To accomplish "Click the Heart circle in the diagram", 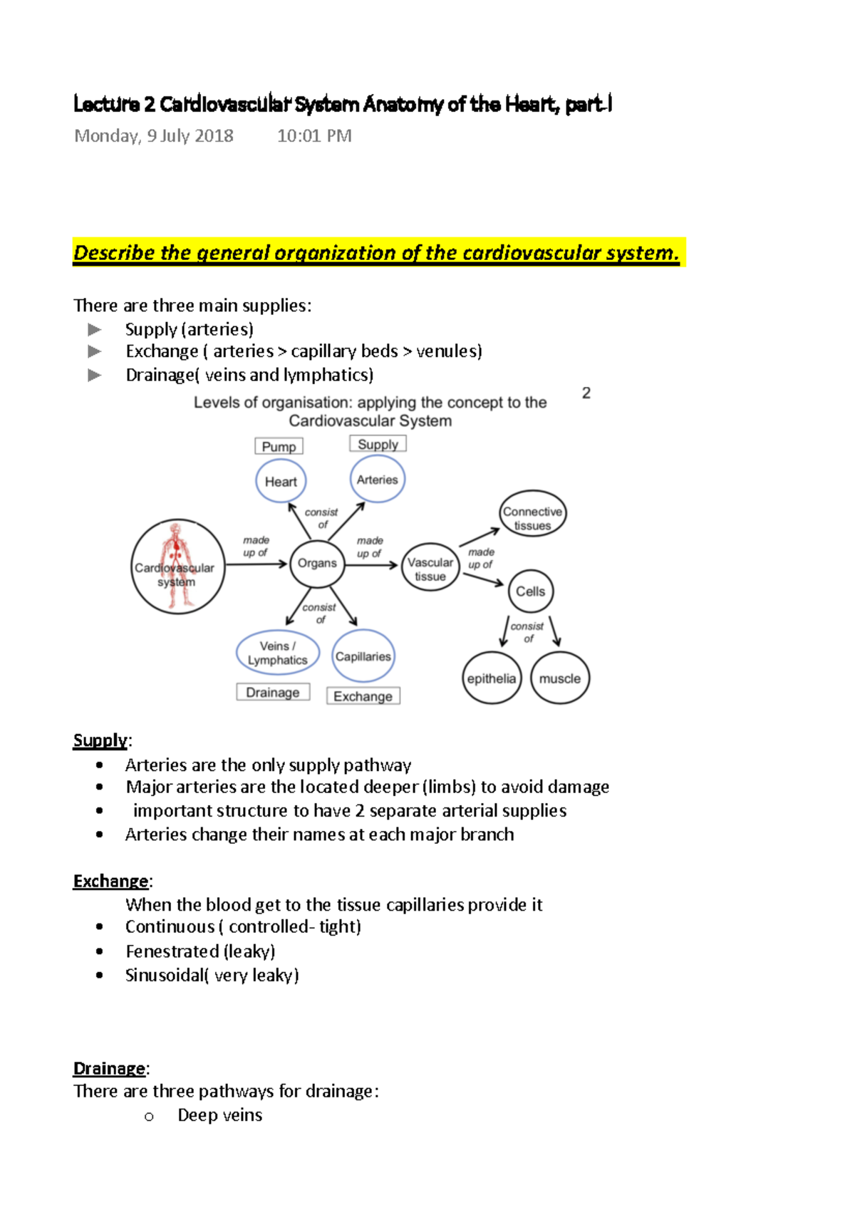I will [281, 482].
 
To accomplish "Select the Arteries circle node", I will [378, 480].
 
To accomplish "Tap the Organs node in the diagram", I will [317, 563].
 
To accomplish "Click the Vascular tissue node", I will [430, 569].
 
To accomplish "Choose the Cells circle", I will [530, 591].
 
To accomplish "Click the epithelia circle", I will [491, 678].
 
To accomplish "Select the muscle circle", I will [560, 678].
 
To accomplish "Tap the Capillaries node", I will [363, 656].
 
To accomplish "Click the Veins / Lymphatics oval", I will [277, 653].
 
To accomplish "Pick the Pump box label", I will [279, 447].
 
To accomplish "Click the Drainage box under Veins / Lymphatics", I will [273, 692].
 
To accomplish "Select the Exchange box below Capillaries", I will [363, 696].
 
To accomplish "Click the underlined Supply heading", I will [100, 740].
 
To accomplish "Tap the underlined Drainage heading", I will [109, 1068].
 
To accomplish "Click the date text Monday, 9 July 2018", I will [154, 135].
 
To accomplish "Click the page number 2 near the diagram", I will [586, 393].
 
